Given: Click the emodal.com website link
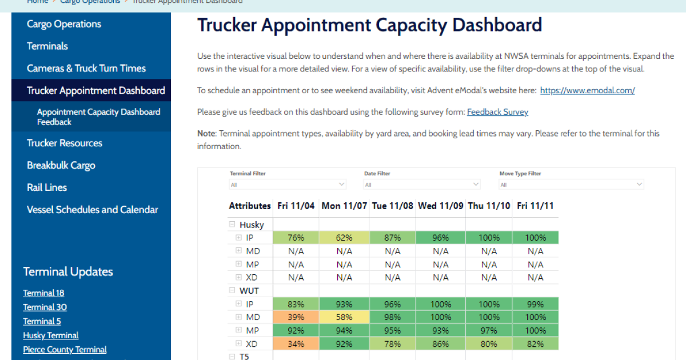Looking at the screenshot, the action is (588, 91).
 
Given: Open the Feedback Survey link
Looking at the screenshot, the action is (498, 112).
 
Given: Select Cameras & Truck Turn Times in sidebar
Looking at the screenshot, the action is (86, 68).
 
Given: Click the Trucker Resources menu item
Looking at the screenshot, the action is (64, 143).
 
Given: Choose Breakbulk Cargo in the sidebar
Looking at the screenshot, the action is (61, 165).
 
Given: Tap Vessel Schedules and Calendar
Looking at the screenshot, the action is (92, 210).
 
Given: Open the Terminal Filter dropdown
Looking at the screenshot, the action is (288, 185).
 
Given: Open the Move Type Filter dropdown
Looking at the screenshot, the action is (572, 185).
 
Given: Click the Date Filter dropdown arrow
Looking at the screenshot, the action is (476, 184).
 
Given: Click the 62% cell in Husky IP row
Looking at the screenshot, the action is (344, 238).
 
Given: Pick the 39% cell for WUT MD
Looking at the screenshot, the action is (296, 317).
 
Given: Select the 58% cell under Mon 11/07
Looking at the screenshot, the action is (344, 317).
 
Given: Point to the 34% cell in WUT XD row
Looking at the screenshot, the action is (296, 344).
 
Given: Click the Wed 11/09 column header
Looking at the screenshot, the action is (441, 206).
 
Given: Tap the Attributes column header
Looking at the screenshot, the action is (250, 206).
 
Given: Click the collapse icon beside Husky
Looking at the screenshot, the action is (232, 225).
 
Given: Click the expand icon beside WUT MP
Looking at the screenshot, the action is (238, 330).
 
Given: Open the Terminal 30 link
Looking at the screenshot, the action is (45, 307).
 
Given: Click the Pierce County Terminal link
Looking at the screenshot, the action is (65, 350).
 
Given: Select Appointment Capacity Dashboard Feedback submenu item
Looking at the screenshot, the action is (98, 117).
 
